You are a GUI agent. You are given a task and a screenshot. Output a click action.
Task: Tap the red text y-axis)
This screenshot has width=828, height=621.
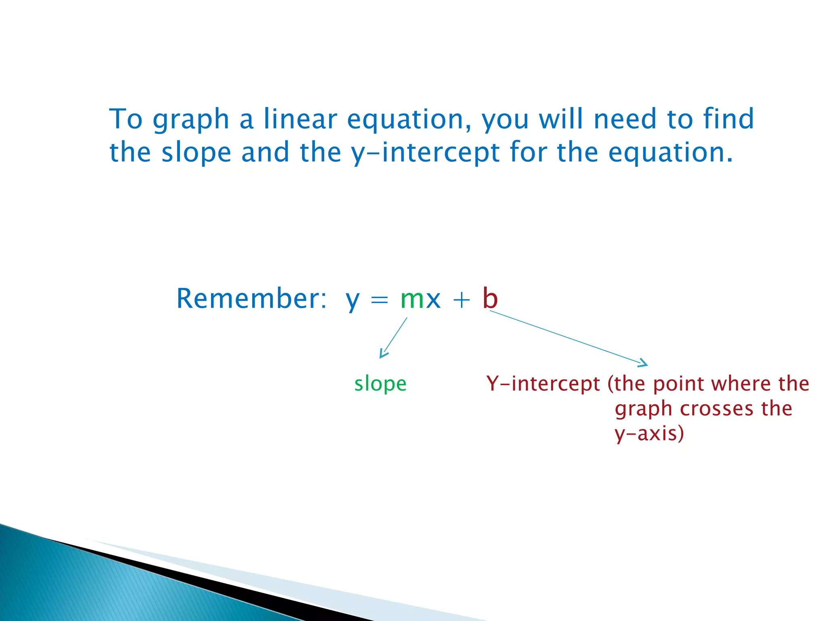pos(649,433)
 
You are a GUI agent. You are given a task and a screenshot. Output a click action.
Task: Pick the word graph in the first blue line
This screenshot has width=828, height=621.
pos(191,120)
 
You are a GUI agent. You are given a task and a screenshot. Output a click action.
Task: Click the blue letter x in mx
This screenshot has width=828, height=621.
pos(433,300)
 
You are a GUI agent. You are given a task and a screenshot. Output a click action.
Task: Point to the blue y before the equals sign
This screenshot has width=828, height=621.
pos(353,302)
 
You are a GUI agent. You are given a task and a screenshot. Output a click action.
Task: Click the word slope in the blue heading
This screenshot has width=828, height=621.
pos(196,153)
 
